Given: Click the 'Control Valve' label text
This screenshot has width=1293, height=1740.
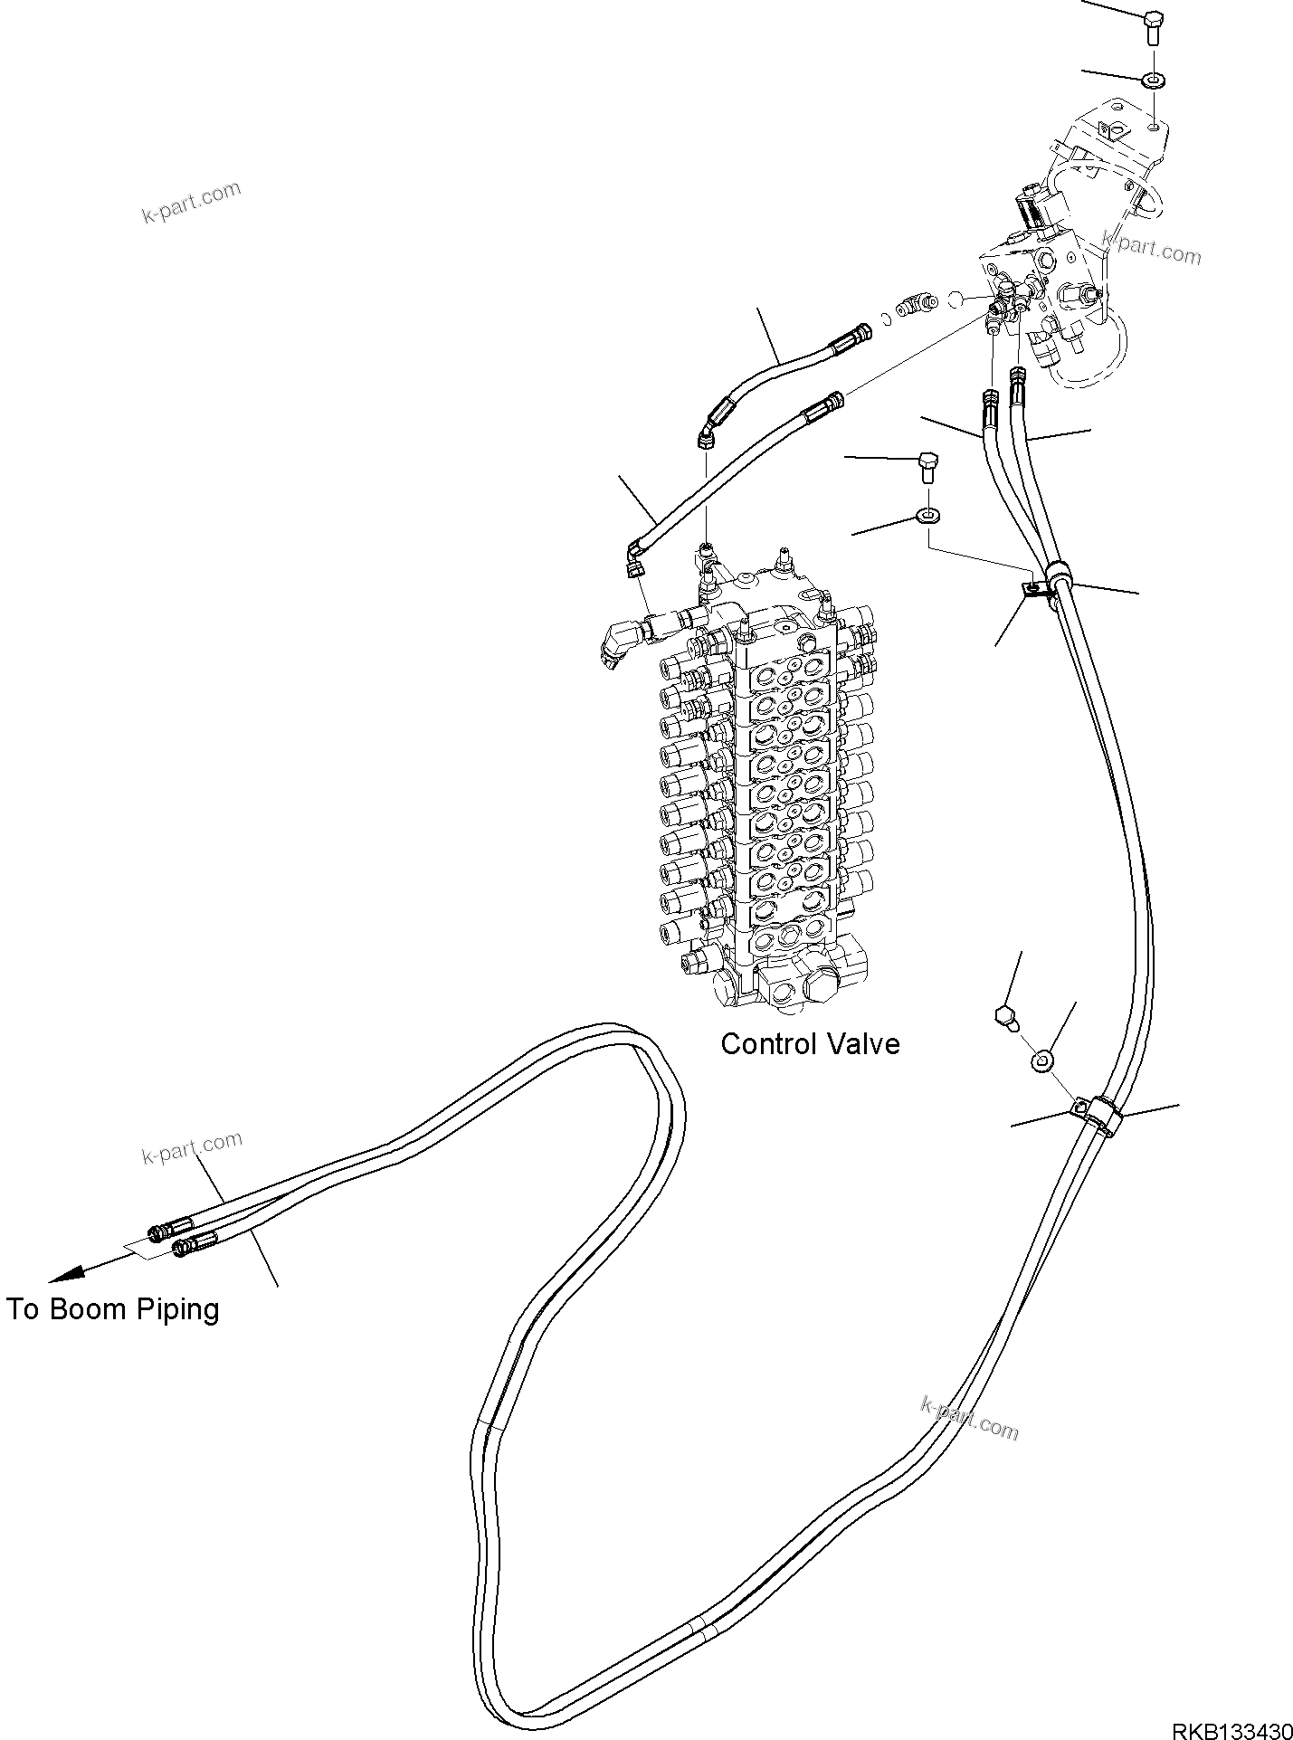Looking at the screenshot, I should pyautogui.click(x=809, y=1043).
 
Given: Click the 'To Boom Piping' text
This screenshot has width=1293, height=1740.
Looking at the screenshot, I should pyautogui.click(x=112, y=1308).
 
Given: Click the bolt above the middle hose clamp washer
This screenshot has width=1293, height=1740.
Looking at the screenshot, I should pyautogui.click(x=927, y=465).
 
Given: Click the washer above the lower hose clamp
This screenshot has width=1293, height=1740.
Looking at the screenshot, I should pyautogui.click(x=1041, y=1060).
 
